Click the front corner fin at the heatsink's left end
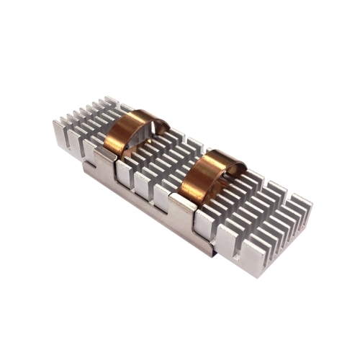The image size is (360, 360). [x=60, y=136]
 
